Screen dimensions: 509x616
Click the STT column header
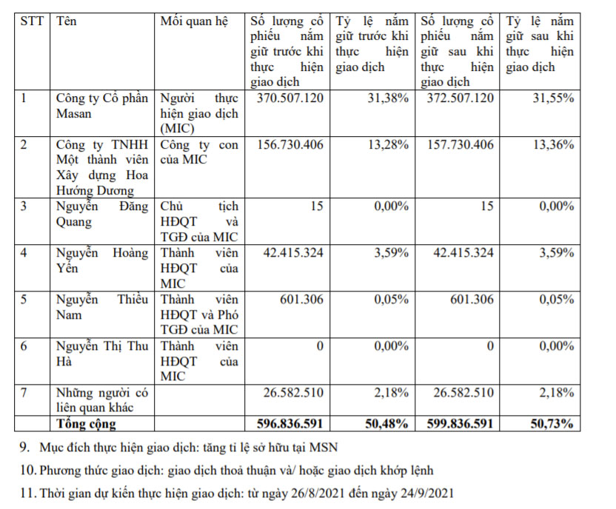32,21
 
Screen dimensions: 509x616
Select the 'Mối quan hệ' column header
190,21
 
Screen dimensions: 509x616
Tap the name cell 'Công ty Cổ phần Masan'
102,105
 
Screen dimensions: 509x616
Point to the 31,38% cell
388,98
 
